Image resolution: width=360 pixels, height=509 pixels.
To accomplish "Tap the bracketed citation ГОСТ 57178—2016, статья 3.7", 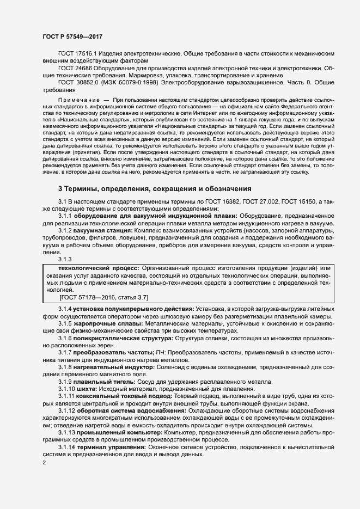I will pyautogui.click(x=103, y=297).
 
